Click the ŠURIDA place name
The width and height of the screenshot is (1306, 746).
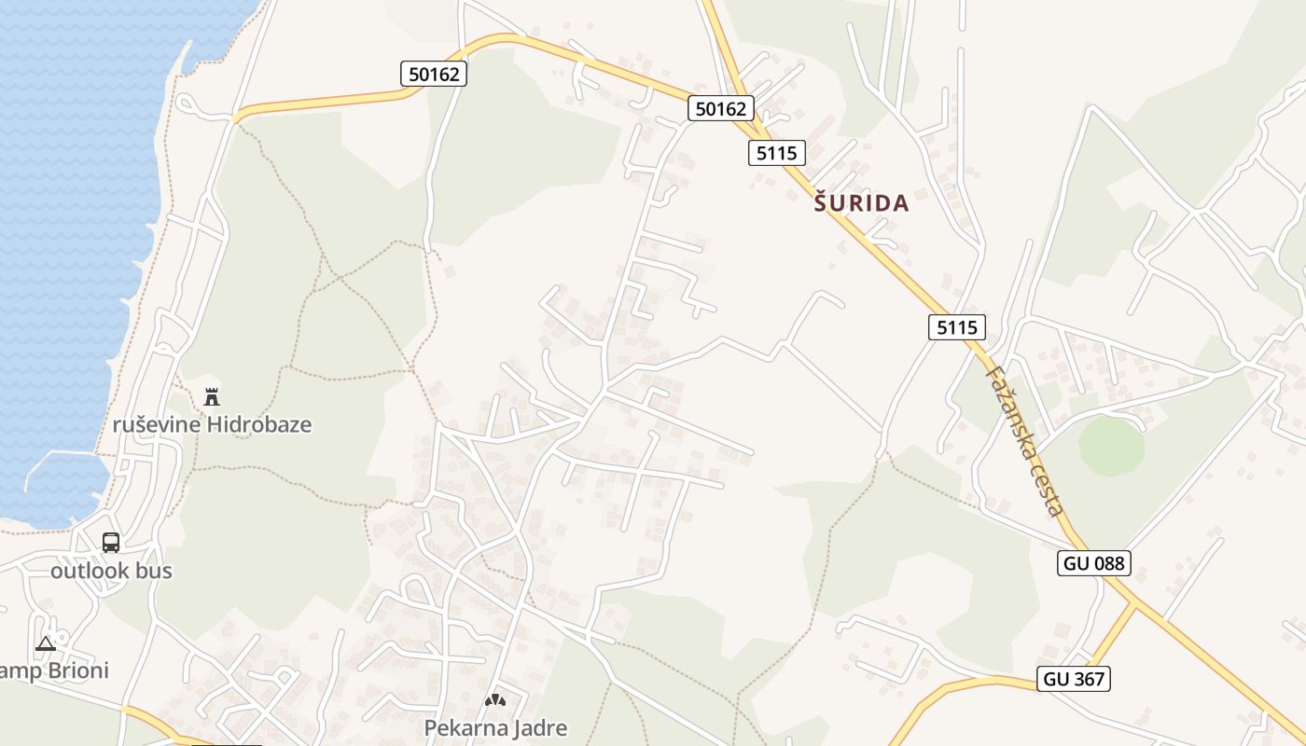[861, 203]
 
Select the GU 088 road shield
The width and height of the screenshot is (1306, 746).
[1094, 563]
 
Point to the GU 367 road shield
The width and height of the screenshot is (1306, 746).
[1075, 679]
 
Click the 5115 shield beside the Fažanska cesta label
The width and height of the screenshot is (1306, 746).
[957, 326]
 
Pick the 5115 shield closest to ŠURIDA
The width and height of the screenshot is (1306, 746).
[776, 153]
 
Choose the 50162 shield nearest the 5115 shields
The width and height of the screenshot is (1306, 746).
[721, 108]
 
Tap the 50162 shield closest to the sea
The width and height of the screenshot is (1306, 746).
[434, 74]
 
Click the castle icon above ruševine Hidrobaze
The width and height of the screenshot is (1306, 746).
[212, 396]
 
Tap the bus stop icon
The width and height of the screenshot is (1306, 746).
[111, 542]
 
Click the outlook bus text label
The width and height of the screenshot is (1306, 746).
[111, 571]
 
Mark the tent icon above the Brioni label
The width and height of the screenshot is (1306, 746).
[45, 643]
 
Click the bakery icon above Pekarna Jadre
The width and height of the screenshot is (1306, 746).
[495, 699]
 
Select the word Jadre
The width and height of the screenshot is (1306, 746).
[540, 727]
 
